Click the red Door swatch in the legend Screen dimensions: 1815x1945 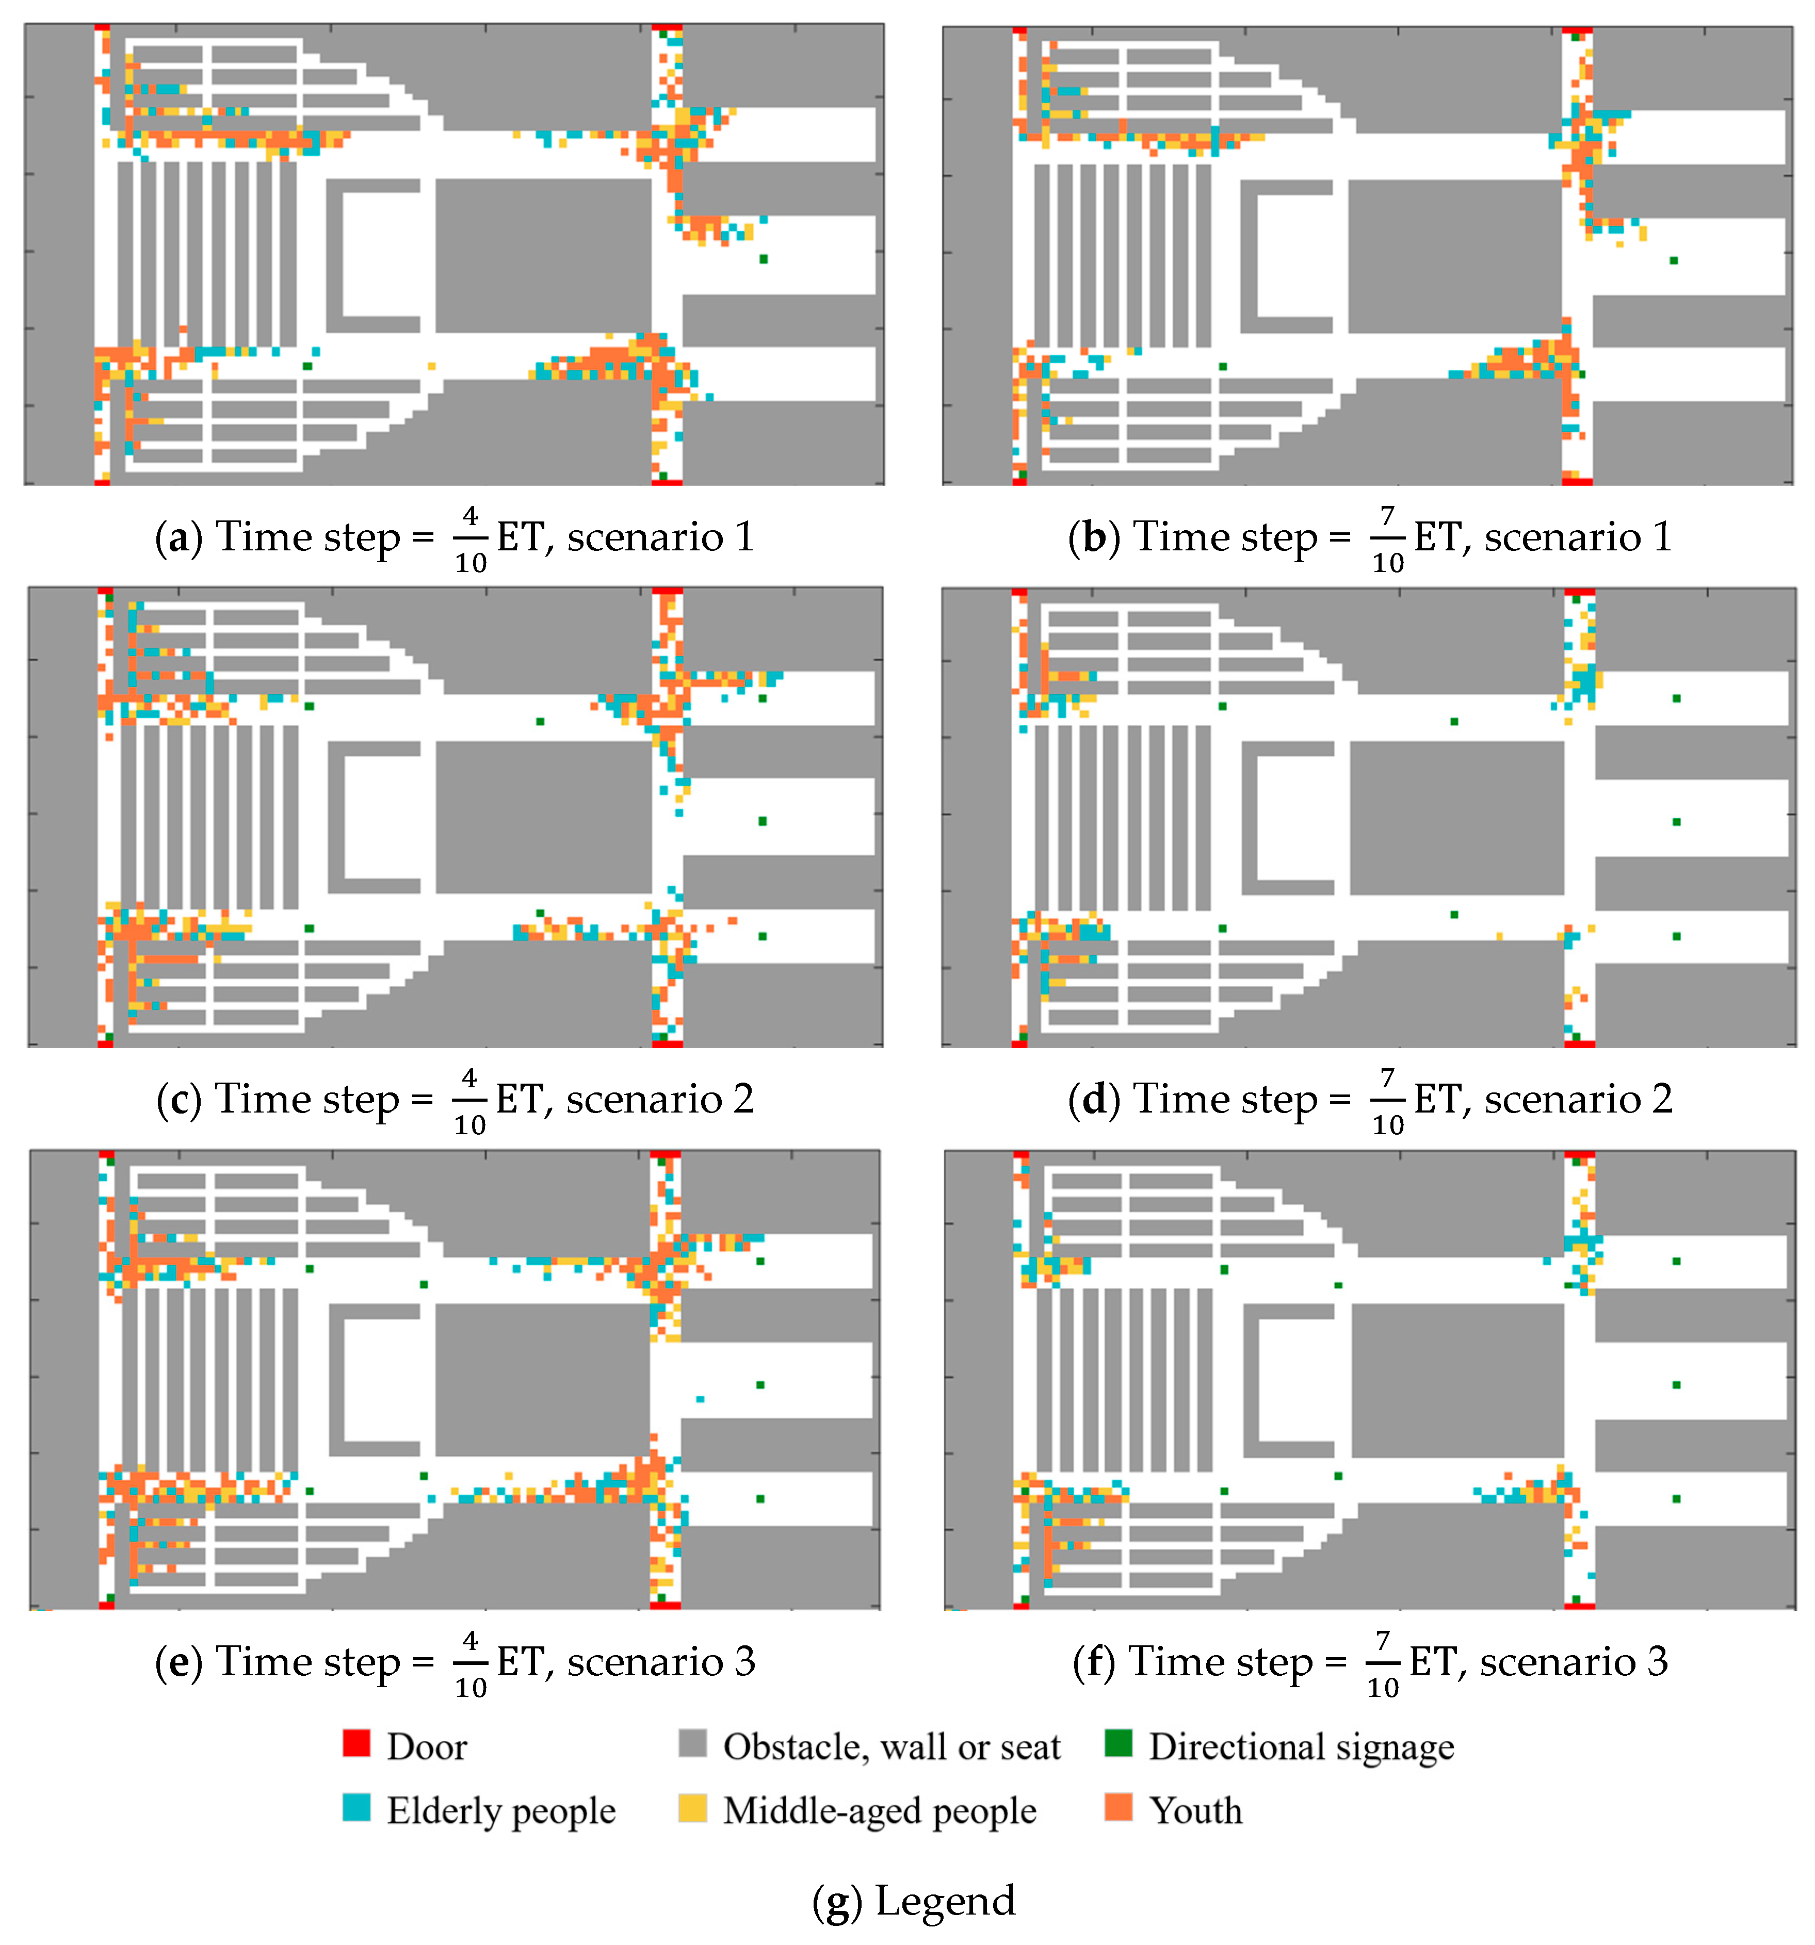[356, 1742]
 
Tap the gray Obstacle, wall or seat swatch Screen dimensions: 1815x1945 [692, 1742]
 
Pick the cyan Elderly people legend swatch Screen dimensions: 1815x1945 [356, 1806]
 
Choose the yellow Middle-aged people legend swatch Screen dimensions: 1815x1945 [692, 1806]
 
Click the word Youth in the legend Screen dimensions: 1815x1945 [1196, 1810]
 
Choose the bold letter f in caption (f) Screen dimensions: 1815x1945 [1095, 1661]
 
